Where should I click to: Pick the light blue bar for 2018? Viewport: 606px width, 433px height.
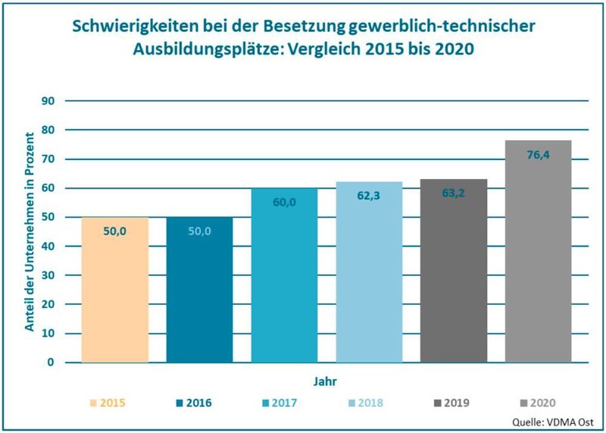(369, 272)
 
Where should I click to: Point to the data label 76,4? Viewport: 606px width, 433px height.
(538, 154)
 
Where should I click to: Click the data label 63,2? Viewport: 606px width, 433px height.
(453, 193)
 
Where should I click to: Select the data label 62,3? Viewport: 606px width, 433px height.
(369, 195)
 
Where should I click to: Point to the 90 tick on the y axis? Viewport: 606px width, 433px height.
(48, 101)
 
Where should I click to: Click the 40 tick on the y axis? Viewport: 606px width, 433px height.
(48, 246)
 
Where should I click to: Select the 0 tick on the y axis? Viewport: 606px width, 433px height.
(51, 362)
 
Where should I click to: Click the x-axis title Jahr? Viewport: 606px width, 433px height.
(326, 381)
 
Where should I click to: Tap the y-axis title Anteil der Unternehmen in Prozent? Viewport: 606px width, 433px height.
(30, 231)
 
